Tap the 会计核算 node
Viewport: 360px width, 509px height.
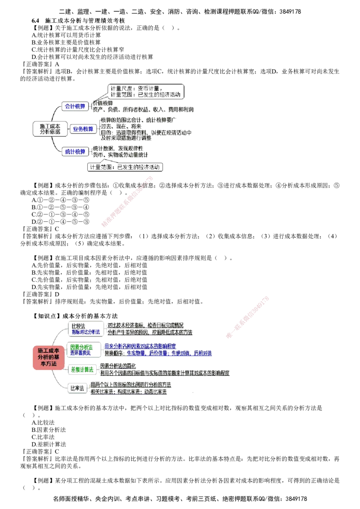[75, 107]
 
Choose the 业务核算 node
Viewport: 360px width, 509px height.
[83, 129]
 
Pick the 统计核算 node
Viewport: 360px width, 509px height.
[75, 152]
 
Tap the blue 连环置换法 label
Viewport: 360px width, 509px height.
[81, 353]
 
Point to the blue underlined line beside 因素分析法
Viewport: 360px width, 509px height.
[140, 347]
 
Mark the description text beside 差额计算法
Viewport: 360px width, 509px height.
[164, 370]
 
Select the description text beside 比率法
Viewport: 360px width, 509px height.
[130, 388]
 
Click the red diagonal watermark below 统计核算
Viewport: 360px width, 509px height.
[128, 201]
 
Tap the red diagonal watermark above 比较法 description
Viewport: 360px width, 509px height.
[247, 317]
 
